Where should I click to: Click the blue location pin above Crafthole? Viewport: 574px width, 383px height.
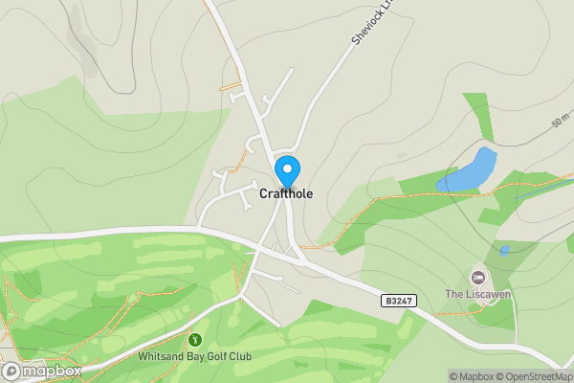click(x=286, y=170)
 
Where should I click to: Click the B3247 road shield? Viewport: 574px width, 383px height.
click(x=399, y=301)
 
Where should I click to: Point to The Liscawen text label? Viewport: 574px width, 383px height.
click(x=478, y=294)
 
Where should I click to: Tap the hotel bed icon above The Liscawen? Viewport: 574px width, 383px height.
click(x=477, y=277)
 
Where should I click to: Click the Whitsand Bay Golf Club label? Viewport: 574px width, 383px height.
click(x=194, y=356)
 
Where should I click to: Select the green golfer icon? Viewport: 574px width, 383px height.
click(x=195, y=340)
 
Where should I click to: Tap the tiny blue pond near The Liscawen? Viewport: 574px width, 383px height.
click(x=504, y=251)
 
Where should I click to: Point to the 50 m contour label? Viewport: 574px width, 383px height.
click(x=561, y=124)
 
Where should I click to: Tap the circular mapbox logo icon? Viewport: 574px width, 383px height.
click(x=11, y=371)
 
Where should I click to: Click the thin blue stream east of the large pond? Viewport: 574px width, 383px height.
click(x=541, y=188)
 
